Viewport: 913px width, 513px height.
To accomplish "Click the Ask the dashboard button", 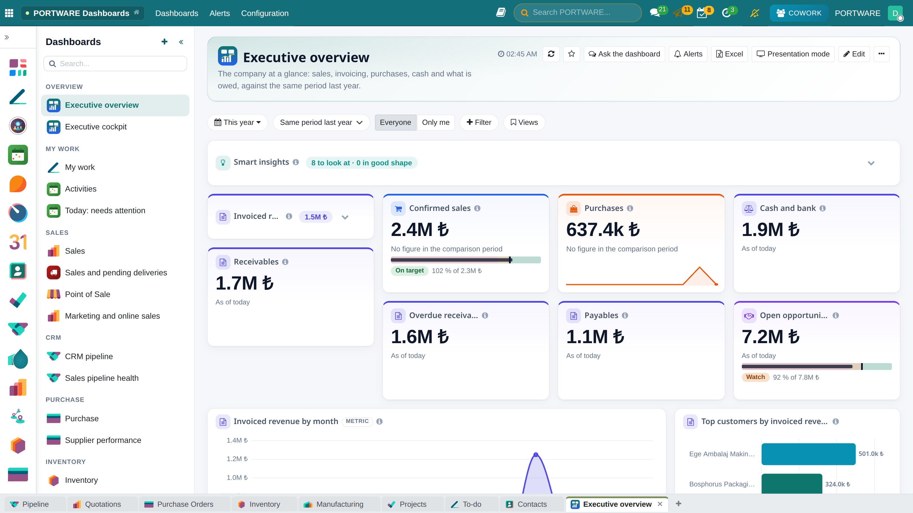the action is tap(624, 54).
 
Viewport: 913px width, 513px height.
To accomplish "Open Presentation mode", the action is tap(793, 54).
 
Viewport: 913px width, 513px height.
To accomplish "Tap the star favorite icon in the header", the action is tap(571, 54).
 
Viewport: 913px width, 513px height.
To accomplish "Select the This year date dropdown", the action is tap(237, 122).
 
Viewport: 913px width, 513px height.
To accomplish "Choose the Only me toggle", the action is tap(436, 122).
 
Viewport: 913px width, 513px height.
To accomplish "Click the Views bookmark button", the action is tap(524, 122).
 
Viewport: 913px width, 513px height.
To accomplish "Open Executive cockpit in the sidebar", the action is tap(96, 127).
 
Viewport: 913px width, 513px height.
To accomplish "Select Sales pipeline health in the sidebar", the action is tap(102, 378).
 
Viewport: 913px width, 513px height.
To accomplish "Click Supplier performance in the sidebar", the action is tap(103, 440).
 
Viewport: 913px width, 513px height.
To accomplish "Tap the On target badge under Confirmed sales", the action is tap(409, 270).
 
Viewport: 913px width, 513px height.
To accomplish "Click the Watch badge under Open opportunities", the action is tap(755, 377).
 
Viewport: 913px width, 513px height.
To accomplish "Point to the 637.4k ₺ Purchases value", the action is tap(603, 229).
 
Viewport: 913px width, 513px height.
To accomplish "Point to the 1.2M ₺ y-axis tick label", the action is tap(237, 459).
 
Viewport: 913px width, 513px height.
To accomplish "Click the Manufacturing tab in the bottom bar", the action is tap(339, 504).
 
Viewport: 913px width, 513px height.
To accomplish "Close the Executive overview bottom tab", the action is tap(660, 504).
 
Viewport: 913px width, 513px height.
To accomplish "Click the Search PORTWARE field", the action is tap(577, 13).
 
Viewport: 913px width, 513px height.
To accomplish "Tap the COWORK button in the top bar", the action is tap(799, 13).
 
